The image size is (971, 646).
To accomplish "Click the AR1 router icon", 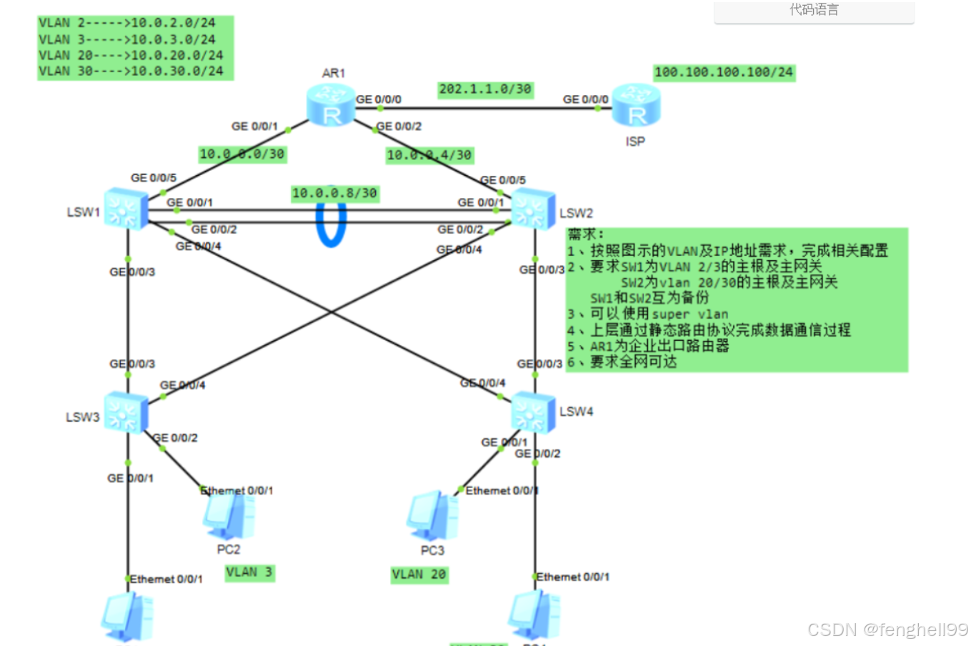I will [x=331, y=106].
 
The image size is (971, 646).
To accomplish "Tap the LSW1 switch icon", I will [x=125, y=209].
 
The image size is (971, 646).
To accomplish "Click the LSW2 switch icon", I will [x=533, y=209].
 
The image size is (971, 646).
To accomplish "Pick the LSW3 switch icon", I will [x=125, y=412].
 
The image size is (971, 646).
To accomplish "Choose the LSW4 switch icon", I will [x=533, y=412].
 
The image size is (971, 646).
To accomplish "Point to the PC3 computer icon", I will [x=432, y=516].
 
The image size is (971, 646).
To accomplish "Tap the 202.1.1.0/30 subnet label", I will [x=485, y=89].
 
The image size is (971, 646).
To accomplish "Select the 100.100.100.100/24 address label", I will [x=724, y=72].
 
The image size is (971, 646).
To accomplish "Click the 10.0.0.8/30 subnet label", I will [x=334, y=193].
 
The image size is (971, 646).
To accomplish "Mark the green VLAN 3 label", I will [x=249, y=572].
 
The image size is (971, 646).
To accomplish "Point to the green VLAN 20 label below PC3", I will [x=419, y=575].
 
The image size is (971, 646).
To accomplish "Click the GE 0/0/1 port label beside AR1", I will [x=254, y=126].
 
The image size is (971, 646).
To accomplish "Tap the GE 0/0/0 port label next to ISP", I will [x=585, y=99].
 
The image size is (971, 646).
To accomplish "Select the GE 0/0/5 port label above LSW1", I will [x=153, y=178].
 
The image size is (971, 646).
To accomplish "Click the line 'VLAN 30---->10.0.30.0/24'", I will [x=131, y=71].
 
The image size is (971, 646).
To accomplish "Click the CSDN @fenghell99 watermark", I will [x=887, y=630].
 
